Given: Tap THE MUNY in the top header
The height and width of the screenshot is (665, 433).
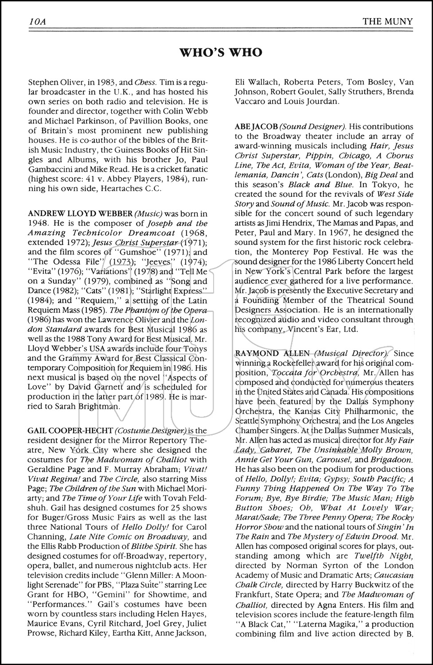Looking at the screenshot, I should point(387,21).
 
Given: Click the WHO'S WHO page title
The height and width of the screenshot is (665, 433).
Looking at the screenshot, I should point(220,53).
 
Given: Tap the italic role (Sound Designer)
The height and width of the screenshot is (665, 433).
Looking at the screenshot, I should point(309,127).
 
